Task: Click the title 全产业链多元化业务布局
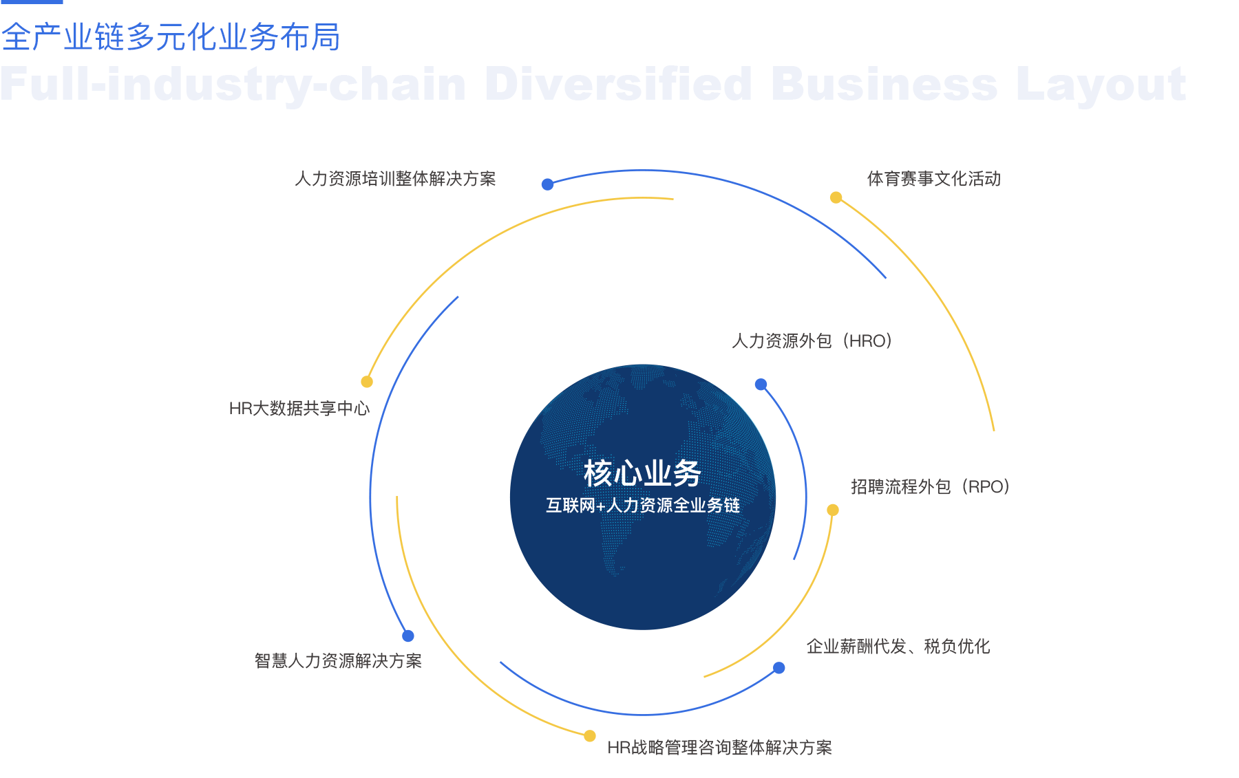[171, 37]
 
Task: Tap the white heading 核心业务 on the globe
[642, 473]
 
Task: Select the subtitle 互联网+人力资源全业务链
[642, 506]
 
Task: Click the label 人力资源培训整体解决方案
[395, 179]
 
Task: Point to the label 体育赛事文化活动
[933, 179]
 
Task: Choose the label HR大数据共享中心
[299, 409]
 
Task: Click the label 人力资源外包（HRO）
[812, 341]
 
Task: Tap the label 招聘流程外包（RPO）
[930, 487]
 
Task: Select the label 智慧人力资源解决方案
[338, 661]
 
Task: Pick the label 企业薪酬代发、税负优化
[898, 647]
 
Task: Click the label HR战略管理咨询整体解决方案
[719, 748]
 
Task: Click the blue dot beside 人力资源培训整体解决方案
[547, 184]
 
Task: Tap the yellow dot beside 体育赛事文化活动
[836, 197]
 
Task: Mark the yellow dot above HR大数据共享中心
[367, 382]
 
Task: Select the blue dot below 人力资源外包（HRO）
[761, 385]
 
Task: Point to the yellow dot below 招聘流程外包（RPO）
[832, 510]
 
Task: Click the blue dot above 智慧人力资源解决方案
[408, 636]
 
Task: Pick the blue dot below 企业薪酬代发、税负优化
[779, 668]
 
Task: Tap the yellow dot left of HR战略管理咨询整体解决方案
[589, 736]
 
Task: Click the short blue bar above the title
[31, 2]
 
